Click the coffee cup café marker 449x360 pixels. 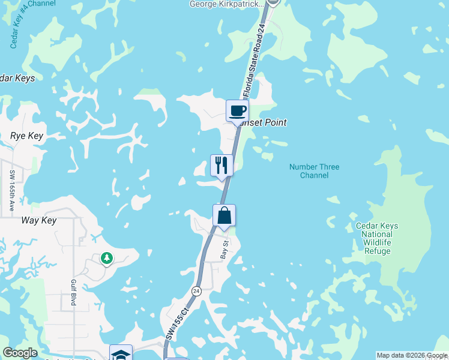(237, 111)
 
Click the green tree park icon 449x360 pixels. (106, 258)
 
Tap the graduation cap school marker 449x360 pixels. (121, 353)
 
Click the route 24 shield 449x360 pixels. (196, 291)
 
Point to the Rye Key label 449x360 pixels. (27, 136)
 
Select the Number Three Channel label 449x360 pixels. (314, 171)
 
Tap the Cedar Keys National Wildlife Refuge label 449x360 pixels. (376, 238)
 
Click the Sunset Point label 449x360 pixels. (262, 122)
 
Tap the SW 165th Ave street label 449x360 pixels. (13, 190)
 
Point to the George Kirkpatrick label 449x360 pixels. (226, 4)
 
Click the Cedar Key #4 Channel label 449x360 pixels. (24, 22)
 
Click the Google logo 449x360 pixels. (20, 353)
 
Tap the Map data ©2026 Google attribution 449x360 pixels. (411, 355)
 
